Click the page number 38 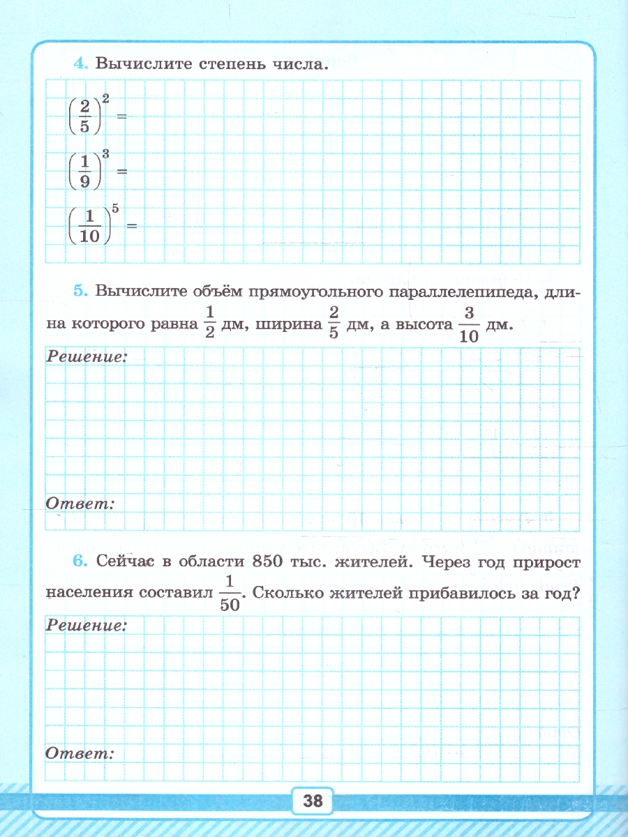click(x=313, y=801)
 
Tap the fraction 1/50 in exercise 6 click(x=230, y=594)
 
